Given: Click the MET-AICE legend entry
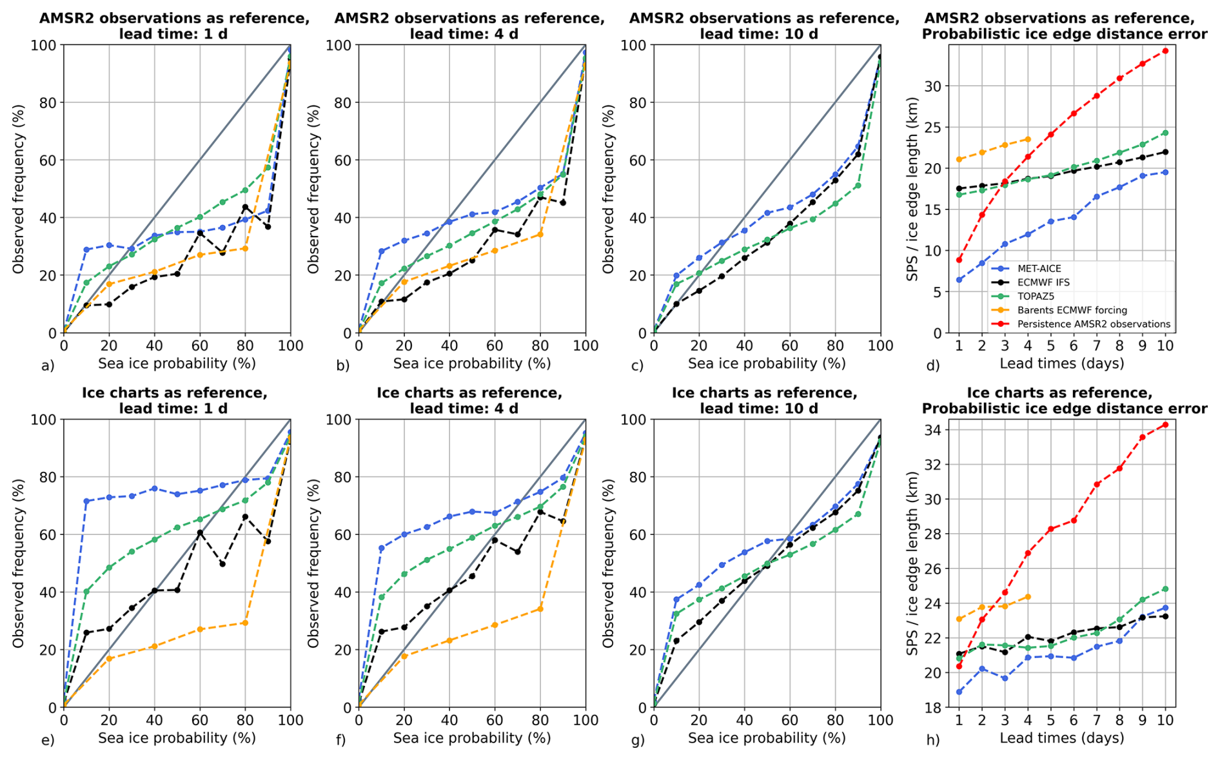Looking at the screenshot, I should pyautogui.click(x=1039, y=269).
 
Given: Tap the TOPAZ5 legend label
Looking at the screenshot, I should pyautogui.click(x=1036, y=297).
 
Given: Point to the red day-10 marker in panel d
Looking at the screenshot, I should pyautogui.click(x=1165, y=51).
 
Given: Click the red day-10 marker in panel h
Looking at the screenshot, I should pyautogui.click(x=1165, y=425).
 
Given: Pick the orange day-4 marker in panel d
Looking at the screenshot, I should pyautogui.click(x=1028, y=139).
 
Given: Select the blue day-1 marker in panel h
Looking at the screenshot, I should pyautogui.click(x=959, y=692).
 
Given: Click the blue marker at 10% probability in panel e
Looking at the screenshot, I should pyautogui.click(x=86, y=501).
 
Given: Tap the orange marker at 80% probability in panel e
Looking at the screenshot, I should pyautogui.click(x=245, y=623).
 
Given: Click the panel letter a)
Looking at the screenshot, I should pyautogui.click(x=48, y=366).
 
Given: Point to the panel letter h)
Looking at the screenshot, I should pyautogui.click(x=933, y=741).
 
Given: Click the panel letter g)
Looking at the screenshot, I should pyautogui.click(x=638, y=741).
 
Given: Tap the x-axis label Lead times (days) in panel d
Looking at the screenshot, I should pyautogui.click(x=1061, y=364).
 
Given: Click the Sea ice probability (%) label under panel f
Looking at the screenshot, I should pyautogui.click(x=472, y=738).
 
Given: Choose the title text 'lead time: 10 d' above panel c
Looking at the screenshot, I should pyautogui.click(x=759, y=34).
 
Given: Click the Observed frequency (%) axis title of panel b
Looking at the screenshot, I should pyautogui.click(x=314, y=189).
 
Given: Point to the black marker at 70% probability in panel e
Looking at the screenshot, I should pyautogui.click(x=222, y=564).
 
